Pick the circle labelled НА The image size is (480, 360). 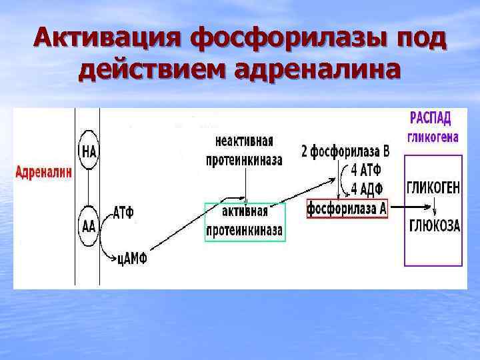click(x=89, y=151)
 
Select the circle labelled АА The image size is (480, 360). click(x=89, y=225)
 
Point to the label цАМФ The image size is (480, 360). click(x=131, y=258)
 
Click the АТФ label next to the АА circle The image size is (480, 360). click(x=123, y=213)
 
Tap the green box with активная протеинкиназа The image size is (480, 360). click(x=245, y=221)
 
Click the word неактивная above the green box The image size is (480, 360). click(x=245, y=141)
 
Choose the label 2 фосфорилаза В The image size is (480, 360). click(x=345, y=151)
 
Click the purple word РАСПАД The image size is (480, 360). click(x=429, y=119)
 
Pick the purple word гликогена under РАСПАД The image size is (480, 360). click(x=432, y=137)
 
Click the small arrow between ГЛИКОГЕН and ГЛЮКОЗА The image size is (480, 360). click(x=433, y=207)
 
